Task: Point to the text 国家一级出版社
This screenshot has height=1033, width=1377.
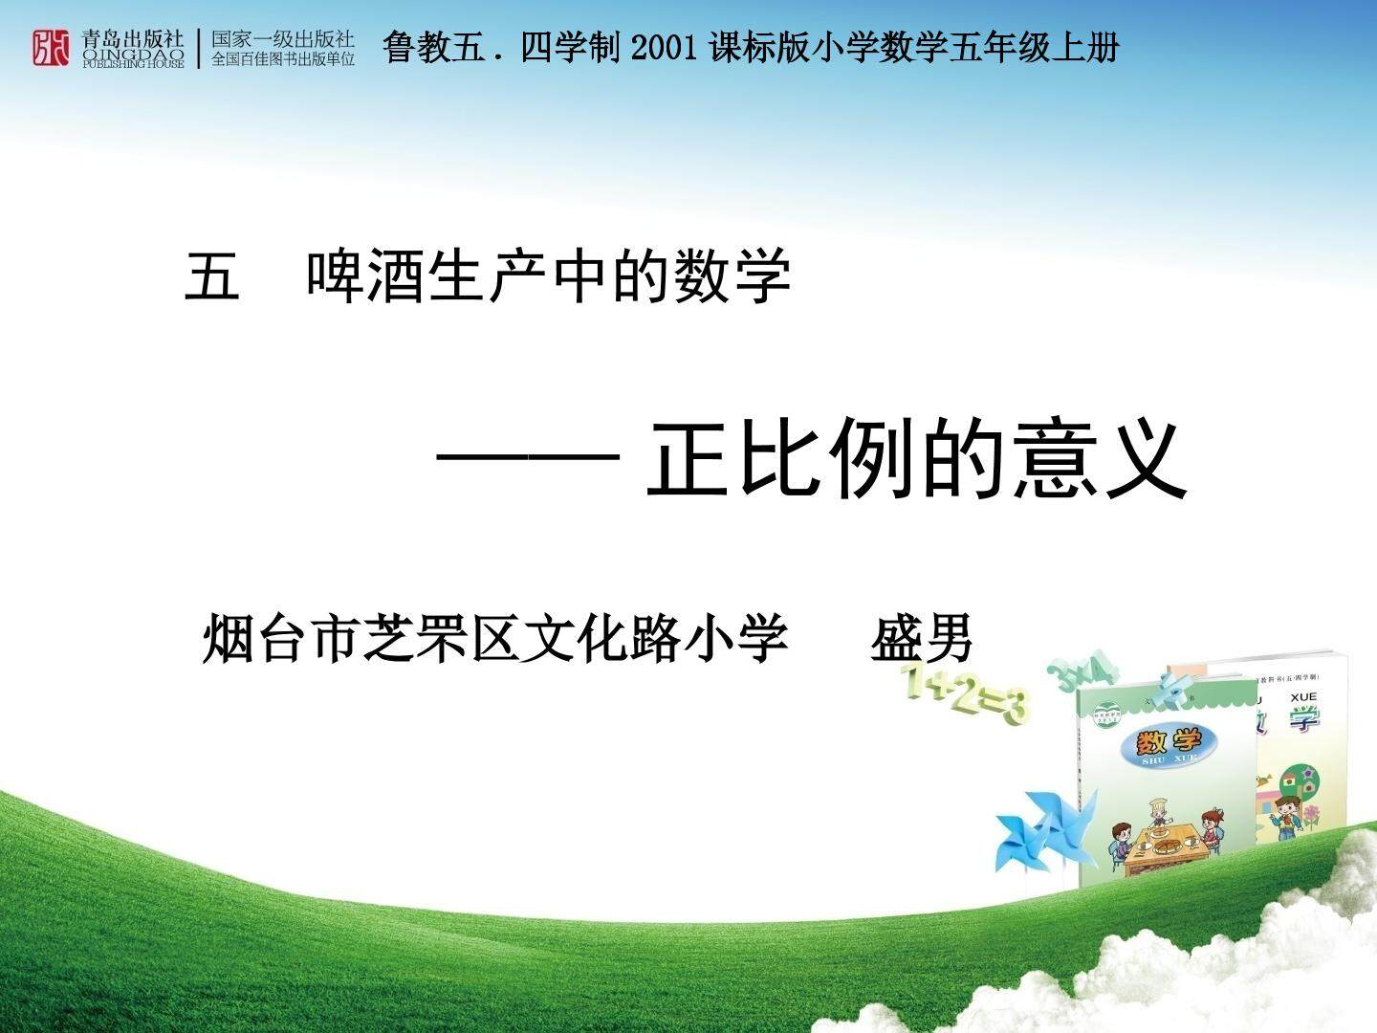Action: (283, 39)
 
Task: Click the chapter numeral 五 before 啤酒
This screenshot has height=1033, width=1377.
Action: (212, 276)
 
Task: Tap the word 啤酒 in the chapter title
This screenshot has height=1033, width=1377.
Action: (366, 276)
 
